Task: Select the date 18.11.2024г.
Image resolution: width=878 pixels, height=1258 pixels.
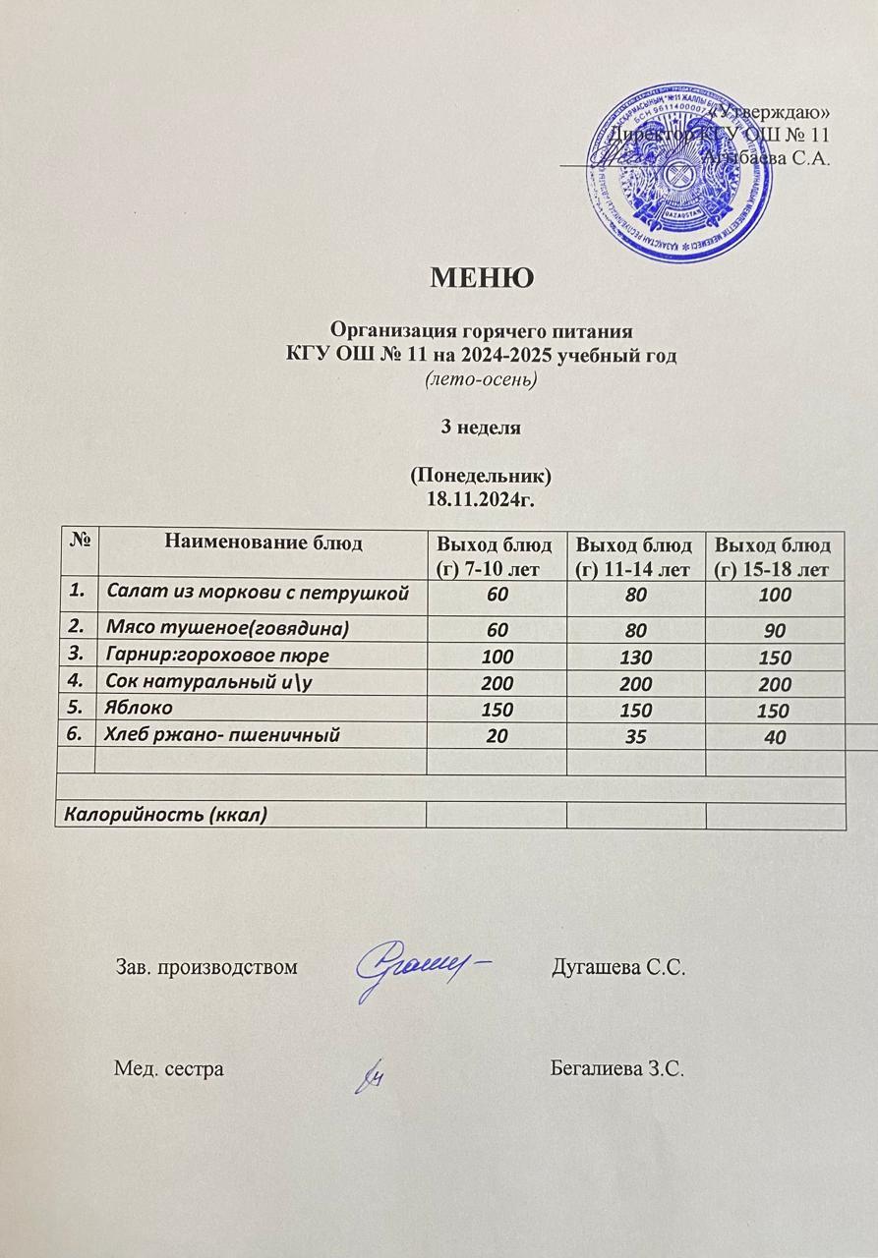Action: pos(481,498)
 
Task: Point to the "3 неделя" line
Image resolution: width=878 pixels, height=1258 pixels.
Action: pos(480,428)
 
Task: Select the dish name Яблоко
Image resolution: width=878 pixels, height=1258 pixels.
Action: pos(140,708)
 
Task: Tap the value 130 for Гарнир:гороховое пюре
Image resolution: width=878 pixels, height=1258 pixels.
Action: pos(634,656)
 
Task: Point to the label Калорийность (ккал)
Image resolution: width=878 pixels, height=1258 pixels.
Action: pos(166,814)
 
